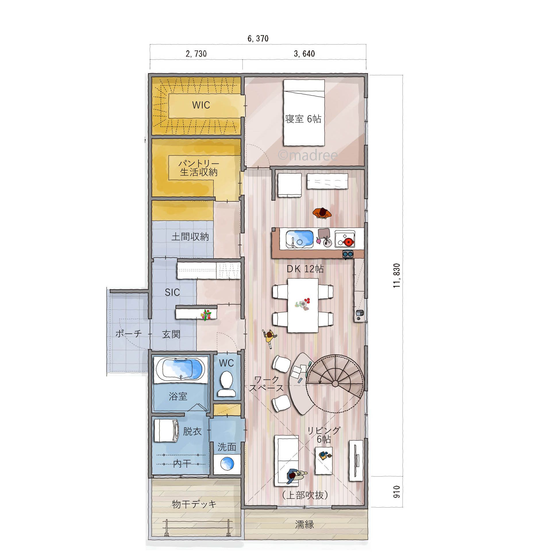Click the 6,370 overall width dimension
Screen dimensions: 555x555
258,38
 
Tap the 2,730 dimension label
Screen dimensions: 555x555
196,54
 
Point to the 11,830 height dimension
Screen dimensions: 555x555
397,275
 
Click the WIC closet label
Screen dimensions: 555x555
201,105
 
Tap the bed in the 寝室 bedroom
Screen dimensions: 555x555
304,113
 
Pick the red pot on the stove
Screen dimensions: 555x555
348,242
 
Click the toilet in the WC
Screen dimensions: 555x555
226,384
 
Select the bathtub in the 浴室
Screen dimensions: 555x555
180,370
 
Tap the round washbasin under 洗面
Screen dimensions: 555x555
227,464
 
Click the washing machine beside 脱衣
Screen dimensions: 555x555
166,430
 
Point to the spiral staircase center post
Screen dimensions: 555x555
335,384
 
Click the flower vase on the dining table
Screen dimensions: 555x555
303,304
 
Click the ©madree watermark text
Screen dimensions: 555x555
308,155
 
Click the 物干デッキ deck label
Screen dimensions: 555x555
194,504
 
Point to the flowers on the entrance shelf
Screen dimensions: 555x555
206,315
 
